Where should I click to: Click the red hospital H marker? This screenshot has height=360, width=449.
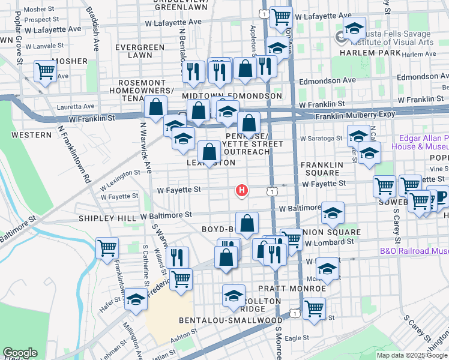[x=241, y=191]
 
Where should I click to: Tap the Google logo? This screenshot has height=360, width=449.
[x=20, y=353]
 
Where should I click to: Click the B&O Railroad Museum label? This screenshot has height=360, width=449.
[x=414, y=252]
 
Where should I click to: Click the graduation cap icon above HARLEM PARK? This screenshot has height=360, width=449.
[x=354, y=28]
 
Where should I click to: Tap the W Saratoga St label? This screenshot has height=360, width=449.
[x=322, y=138]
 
